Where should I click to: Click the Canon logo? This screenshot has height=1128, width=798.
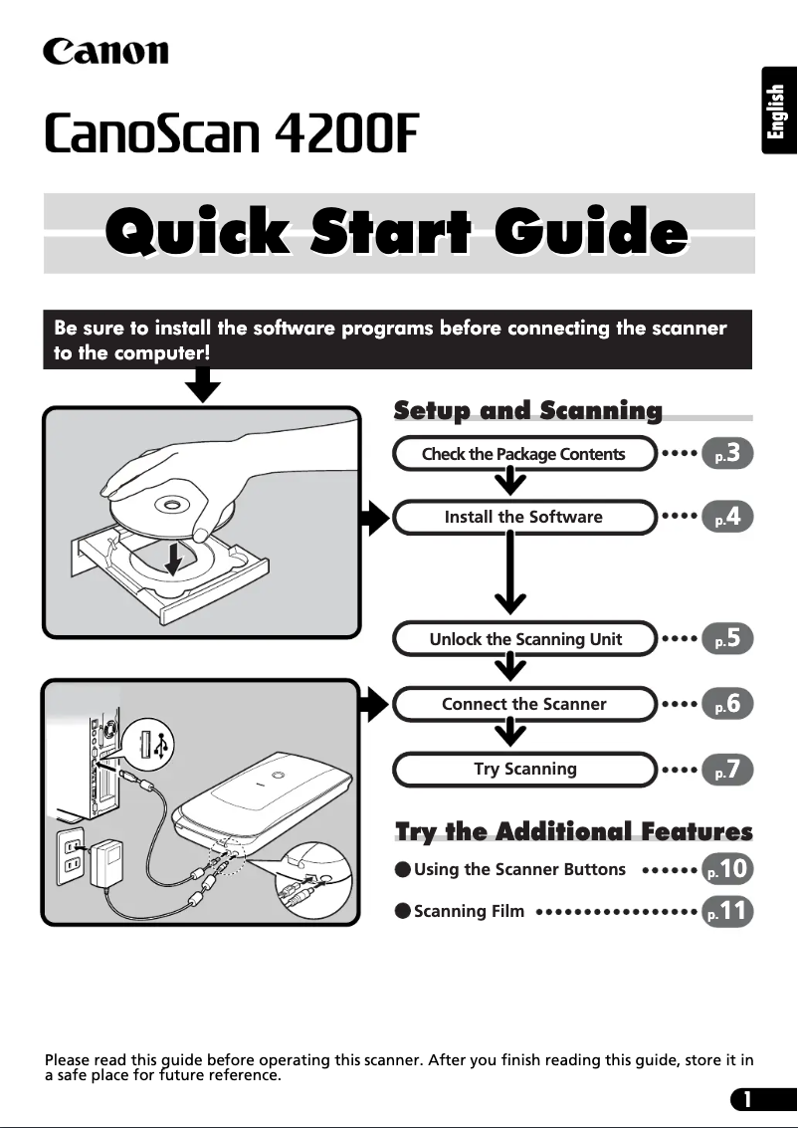pos(105,52)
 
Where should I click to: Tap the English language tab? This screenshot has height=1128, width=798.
pos(778,111)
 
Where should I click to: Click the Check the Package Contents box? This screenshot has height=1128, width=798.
pos(524,454)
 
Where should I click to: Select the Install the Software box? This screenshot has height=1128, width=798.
pos(524,517)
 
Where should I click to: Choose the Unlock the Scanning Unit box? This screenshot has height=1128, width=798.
pos(524,639)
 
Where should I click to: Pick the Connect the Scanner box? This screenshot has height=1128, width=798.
pos(524,704)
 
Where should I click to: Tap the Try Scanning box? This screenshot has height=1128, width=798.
pos(524,769)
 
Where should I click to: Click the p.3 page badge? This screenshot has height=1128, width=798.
pos(726,453)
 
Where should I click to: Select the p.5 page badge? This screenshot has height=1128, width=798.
pos(726,638)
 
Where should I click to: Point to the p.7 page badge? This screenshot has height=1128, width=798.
pos(726,769)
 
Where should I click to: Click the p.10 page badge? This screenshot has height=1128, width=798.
pos(726,868)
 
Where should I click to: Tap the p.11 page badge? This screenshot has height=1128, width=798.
pos(726,911)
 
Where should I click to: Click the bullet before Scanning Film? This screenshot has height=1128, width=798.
pos(403,912)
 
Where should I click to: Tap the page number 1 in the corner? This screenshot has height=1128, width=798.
pos(747,1099)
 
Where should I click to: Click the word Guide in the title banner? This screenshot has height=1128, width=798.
pos(590,232)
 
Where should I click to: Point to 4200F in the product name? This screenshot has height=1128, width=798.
pos(346,133)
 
